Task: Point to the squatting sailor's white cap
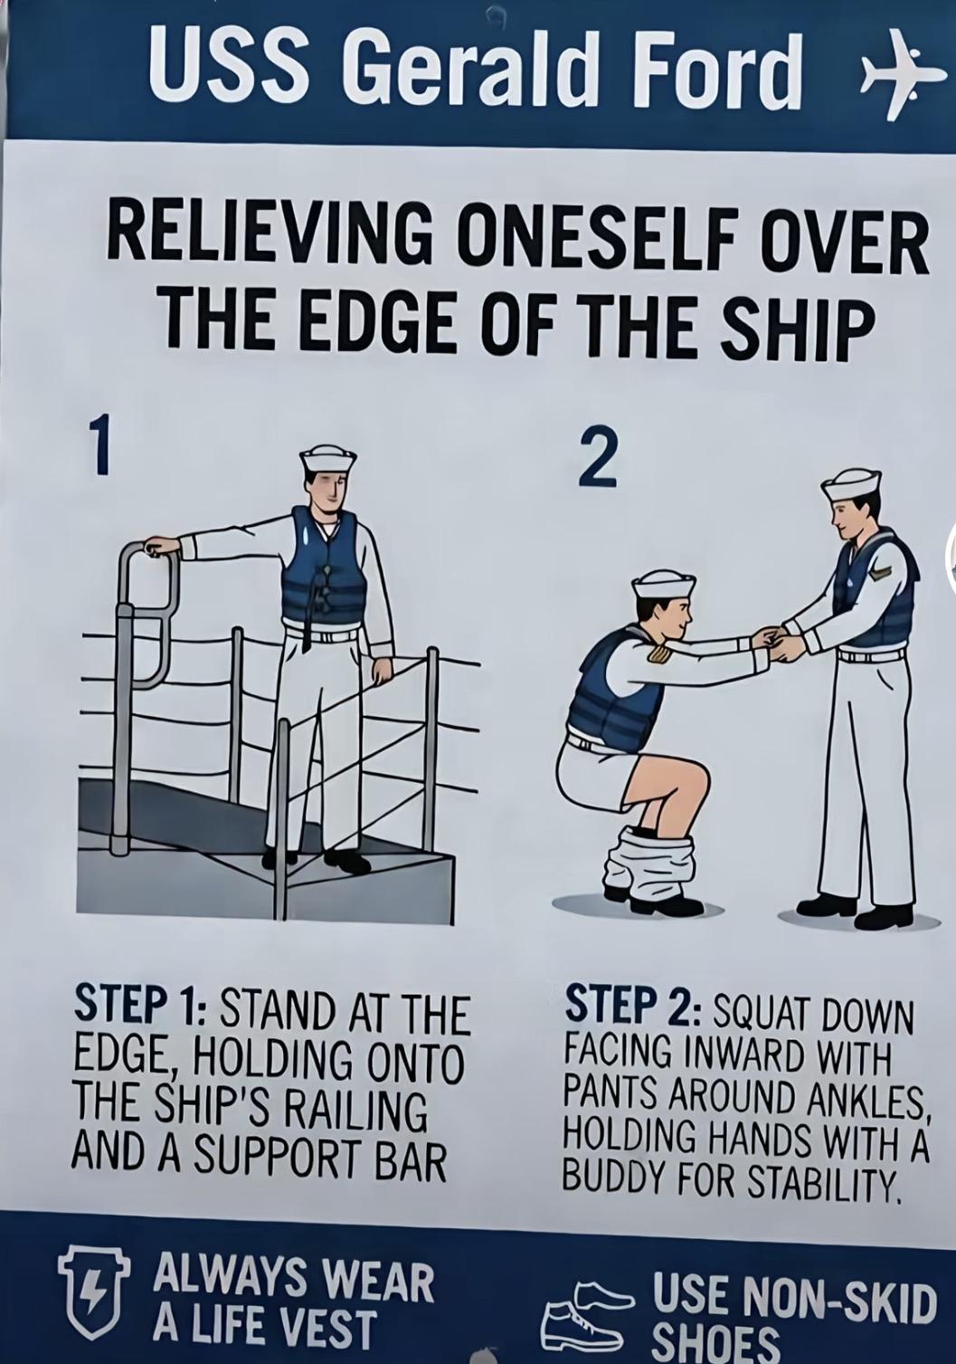tap(663, 586)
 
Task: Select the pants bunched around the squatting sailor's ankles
tap(648, 864)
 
